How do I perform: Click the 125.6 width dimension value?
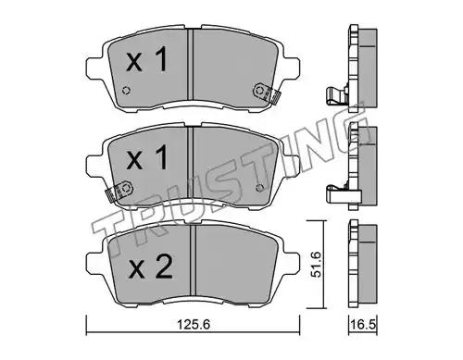click(193, 325)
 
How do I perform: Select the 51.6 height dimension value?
click(317, 264)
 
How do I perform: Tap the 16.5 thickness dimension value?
click(363, 325)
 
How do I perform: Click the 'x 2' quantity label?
click(150, 267)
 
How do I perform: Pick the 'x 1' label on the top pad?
click(147, 59)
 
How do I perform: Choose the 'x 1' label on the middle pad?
click(147, 157)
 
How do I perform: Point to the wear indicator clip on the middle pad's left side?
click(119, 192)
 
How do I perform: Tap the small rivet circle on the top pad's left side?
click(126, 91)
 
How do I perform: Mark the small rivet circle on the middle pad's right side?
click(260, 188)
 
